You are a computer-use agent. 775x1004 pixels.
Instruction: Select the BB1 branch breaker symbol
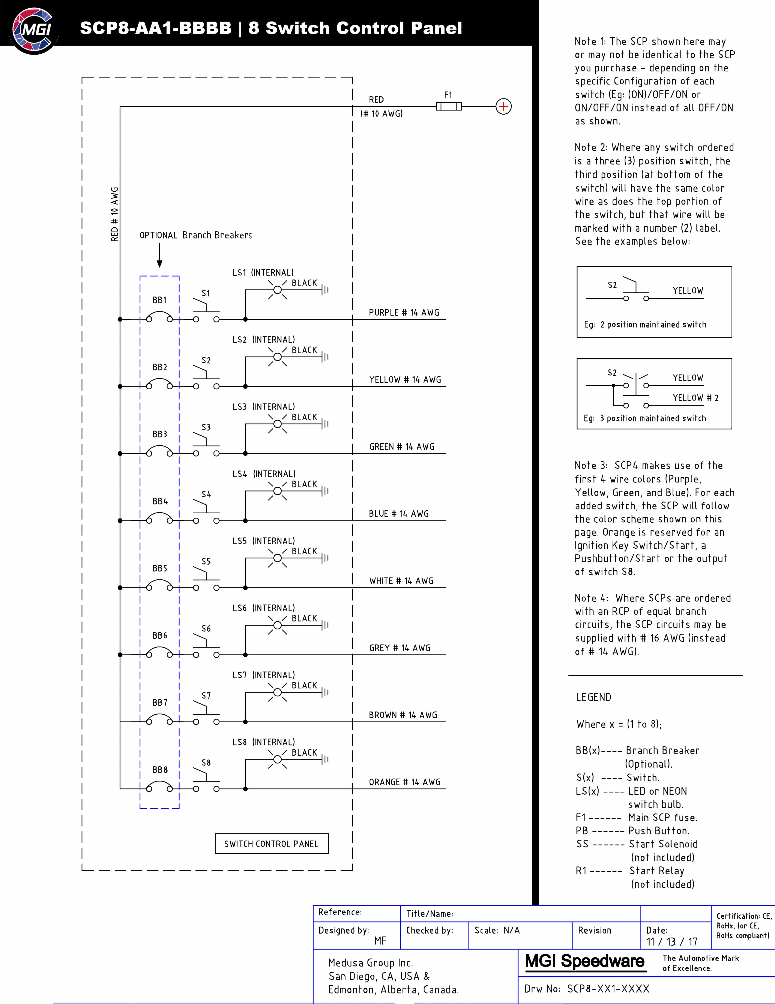(159, 317)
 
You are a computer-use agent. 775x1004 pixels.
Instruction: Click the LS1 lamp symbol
(278, 290)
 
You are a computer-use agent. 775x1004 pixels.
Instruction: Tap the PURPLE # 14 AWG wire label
(404, 313)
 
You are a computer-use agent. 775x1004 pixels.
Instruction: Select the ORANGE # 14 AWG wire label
(404, 782)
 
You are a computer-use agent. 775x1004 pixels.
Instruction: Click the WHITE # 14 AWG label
(401, 581)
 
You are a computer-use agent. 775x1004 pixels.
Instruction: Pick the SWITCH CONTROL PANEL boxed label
(272, 844)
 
